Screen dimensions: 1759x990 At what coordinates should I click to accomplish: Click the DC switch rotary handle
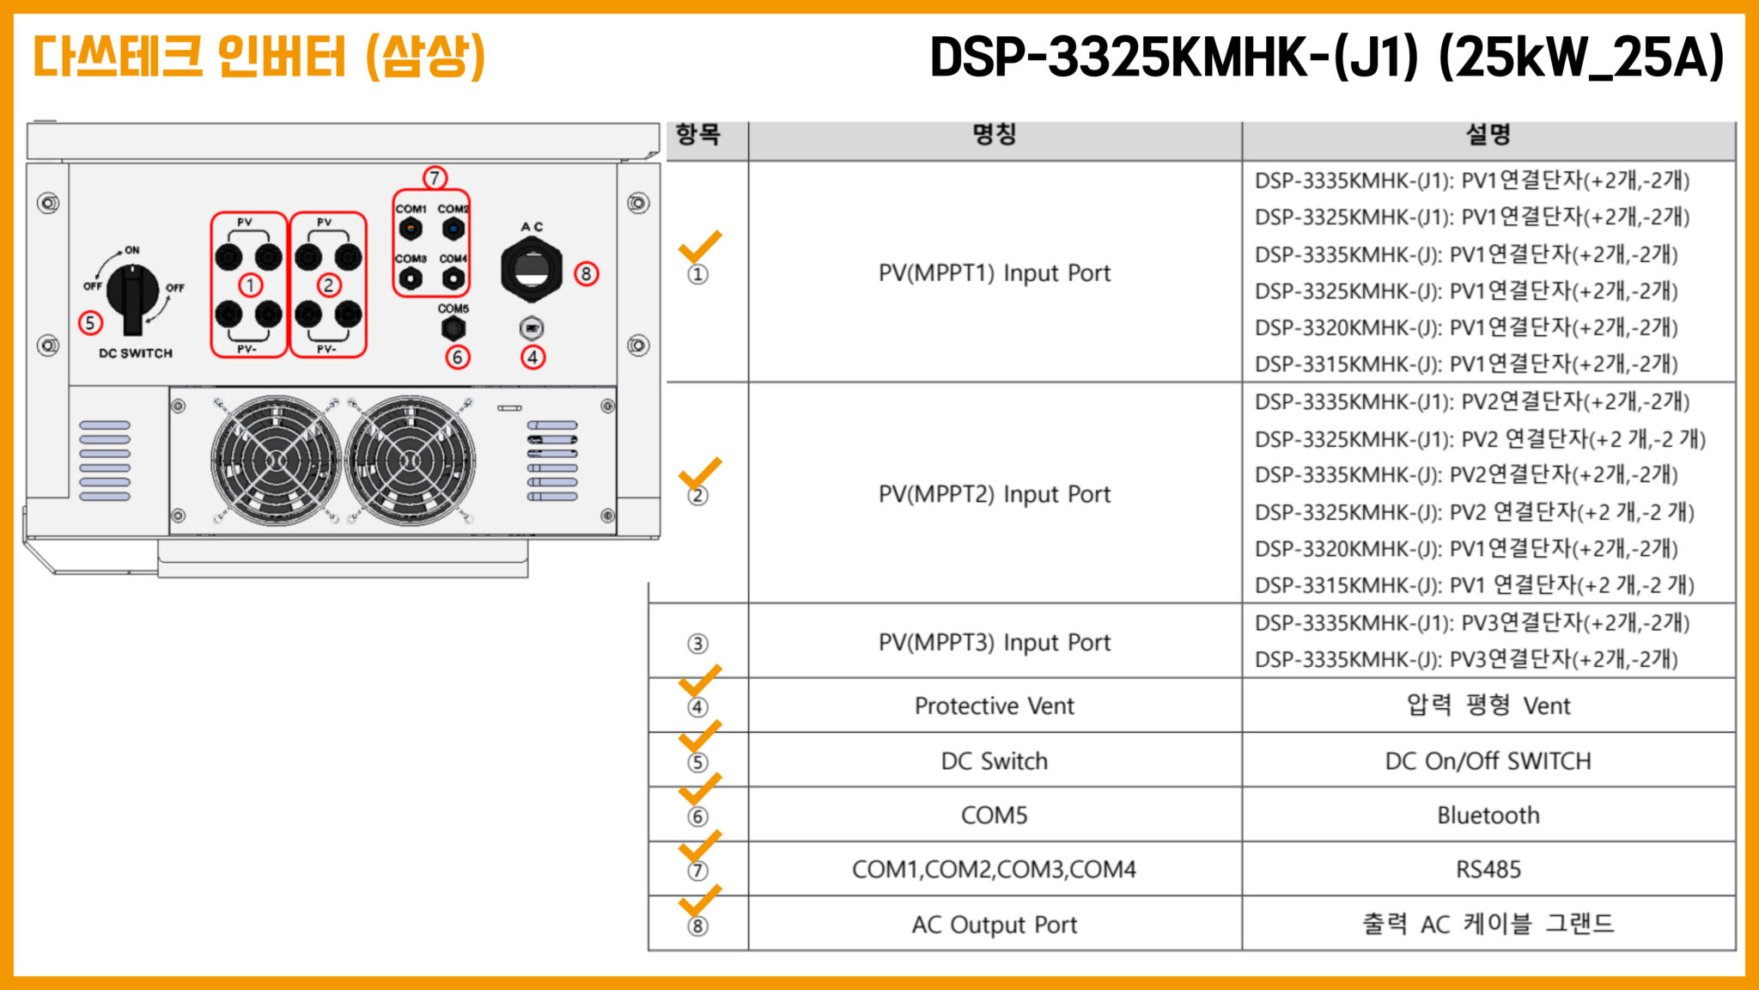pos(133,297)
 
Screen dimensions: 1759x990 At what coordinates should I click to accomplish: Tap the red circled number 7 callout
pos(435,178)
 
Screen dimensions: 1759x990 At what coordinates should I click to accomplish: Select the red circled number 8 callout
pos(586,274)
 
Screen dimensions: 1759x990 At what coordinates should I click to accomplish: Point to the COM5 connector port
pos(453,327)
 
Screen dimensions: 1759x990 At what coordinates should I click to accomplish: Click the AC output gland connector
pos(532,270)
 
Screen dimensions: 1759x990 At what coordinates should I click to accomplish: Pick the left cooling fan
pos(276,461)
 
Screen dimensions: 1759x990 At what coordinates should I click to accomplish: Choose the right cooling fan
pos(409,461)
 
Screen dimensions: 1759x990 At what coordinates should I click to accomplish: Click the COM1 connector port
pos(411,229)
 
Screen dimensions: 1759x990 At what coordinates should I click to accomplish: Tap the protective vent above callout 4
pos(532,328)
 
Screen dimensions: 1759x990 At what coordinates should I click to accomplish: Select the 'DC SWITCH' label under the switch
pos(136,353)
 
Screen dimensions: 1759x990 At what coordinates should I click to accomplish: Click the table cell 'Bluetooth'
pos(1488,815)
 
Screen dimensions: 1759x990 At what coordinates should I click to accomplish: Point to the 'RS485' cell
pos(1488,870)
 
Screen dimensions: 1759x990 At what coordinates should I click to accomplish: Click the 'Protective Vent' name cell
pos(995,706)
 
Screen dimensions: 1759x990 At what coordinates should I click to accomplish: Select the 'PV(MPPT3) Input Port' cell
pos(995,643)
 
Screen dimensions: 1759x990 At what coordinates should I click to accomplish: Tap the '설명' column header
pos(1488,134)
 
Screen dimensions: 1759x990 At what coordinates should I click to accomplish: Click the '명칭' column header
pos(995,134)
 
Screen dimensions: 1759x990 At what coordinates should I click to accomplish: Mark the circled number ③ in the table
pos(697,644)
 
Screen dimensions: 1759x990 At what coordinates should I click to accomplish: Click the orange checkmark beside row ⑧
pos(700,901)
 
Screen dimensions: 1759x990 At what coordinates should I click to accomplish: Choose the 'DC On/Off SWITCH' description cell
pos(1488,761)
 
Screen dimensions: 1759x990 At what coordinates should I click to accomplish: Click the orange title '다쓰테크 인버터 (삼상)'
pos(259,57)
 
